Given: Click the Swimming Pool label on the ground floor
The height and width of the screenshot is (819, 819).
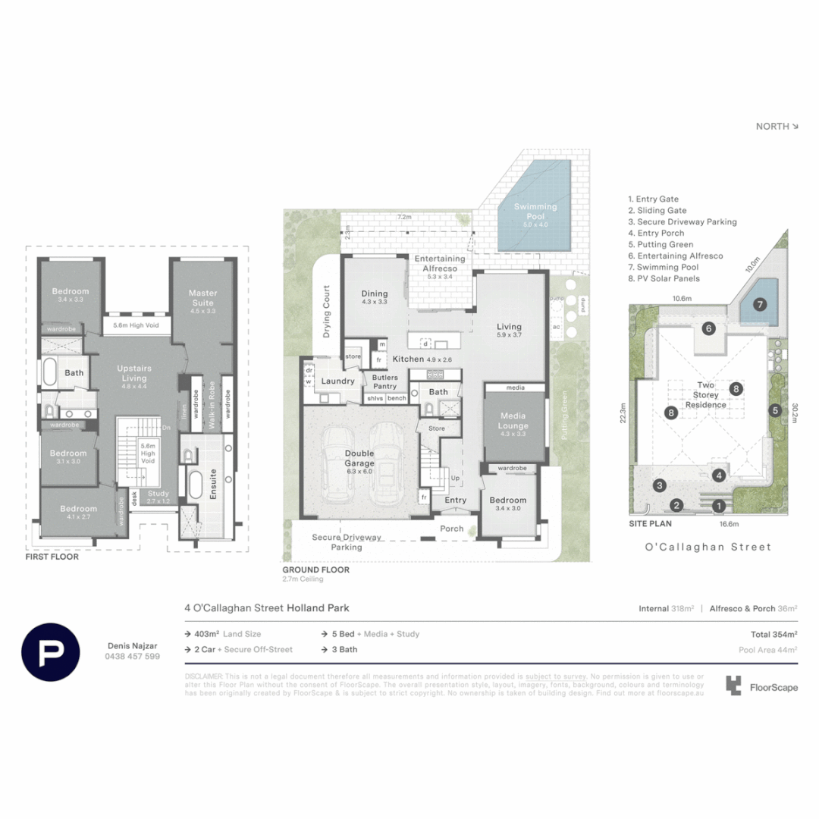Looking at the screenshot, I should [535, 211].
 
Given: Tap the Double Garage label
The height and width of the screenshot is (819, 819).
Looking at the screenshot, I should [360, 457].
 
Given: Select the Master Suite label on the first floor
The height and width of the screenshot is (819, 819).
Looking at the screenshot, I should [202, 297].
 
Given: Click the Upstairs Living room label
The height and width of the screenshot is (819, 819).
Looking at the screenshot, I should [134, 372].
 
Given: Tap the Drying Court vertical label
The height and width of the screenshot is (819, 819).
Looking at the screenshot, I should [328, 312].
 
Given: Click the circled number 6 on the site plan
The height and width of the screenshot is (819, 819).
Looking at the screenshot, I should [708, 328].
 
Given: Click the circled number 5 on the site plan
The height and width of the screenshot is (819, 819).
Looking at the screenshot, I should [774, 411].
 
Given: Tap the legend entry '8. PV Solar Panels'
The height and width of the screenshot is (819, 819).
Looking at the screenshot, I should [664, 278].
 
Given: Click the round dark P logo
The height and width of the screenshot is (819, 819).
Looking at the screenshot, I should [51, 652].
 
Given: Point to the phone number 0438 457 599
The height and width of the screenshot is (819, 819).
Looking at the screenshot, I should [132, 656].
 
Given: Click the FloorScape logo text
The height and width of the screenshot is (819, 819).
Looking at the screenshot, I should [773, 687].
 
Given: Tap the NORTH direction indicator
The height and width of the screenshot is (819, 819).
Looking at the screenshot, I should [777, 127].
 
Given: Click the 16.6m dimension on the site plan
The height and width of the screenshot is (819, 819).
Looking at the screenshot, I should [709, 523].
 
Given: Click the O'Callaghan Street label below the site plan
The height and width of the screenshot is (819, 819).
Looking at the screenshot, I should [708, 546].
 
